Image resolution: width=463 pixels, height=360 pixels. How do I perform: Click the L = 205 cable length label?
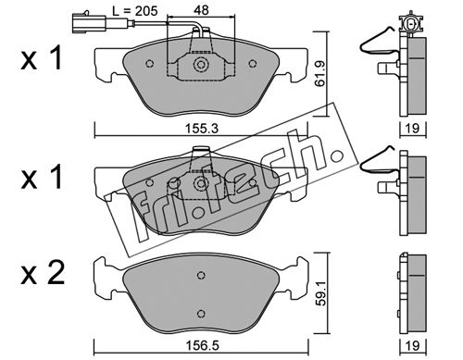pyautogui.click(x=135, y=11)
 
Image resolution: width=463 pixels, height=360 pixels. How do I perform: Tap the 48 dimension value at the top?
pyautogui.click(x=201, y=10)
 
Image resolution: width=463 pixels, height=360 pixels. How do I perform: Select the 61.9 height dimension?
pyautogui.click(x=320, y=74)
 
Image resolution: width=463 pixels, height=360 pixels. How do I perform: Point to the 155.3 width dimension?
pyautogui.click(x=202, y=129)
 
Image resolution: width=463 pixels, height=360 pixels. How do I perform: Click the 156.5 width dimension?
pyautogui.click(x=202, y=345)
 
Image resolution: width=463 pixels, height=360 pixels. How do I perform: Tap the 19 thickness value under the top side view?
pyautogui.click(x=412, y=128)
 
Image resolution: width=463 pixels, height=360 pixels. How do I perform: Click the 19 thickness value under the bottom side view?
pyautogui.click(x=412, y=346)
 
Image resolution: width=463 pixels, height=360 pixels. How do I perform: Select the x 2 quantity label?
pyautogui.click(x=43, y=272)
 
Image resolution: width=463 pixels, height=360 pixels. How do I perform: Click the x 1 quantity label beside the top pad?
pyautogui.click(x=42, y=57)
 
